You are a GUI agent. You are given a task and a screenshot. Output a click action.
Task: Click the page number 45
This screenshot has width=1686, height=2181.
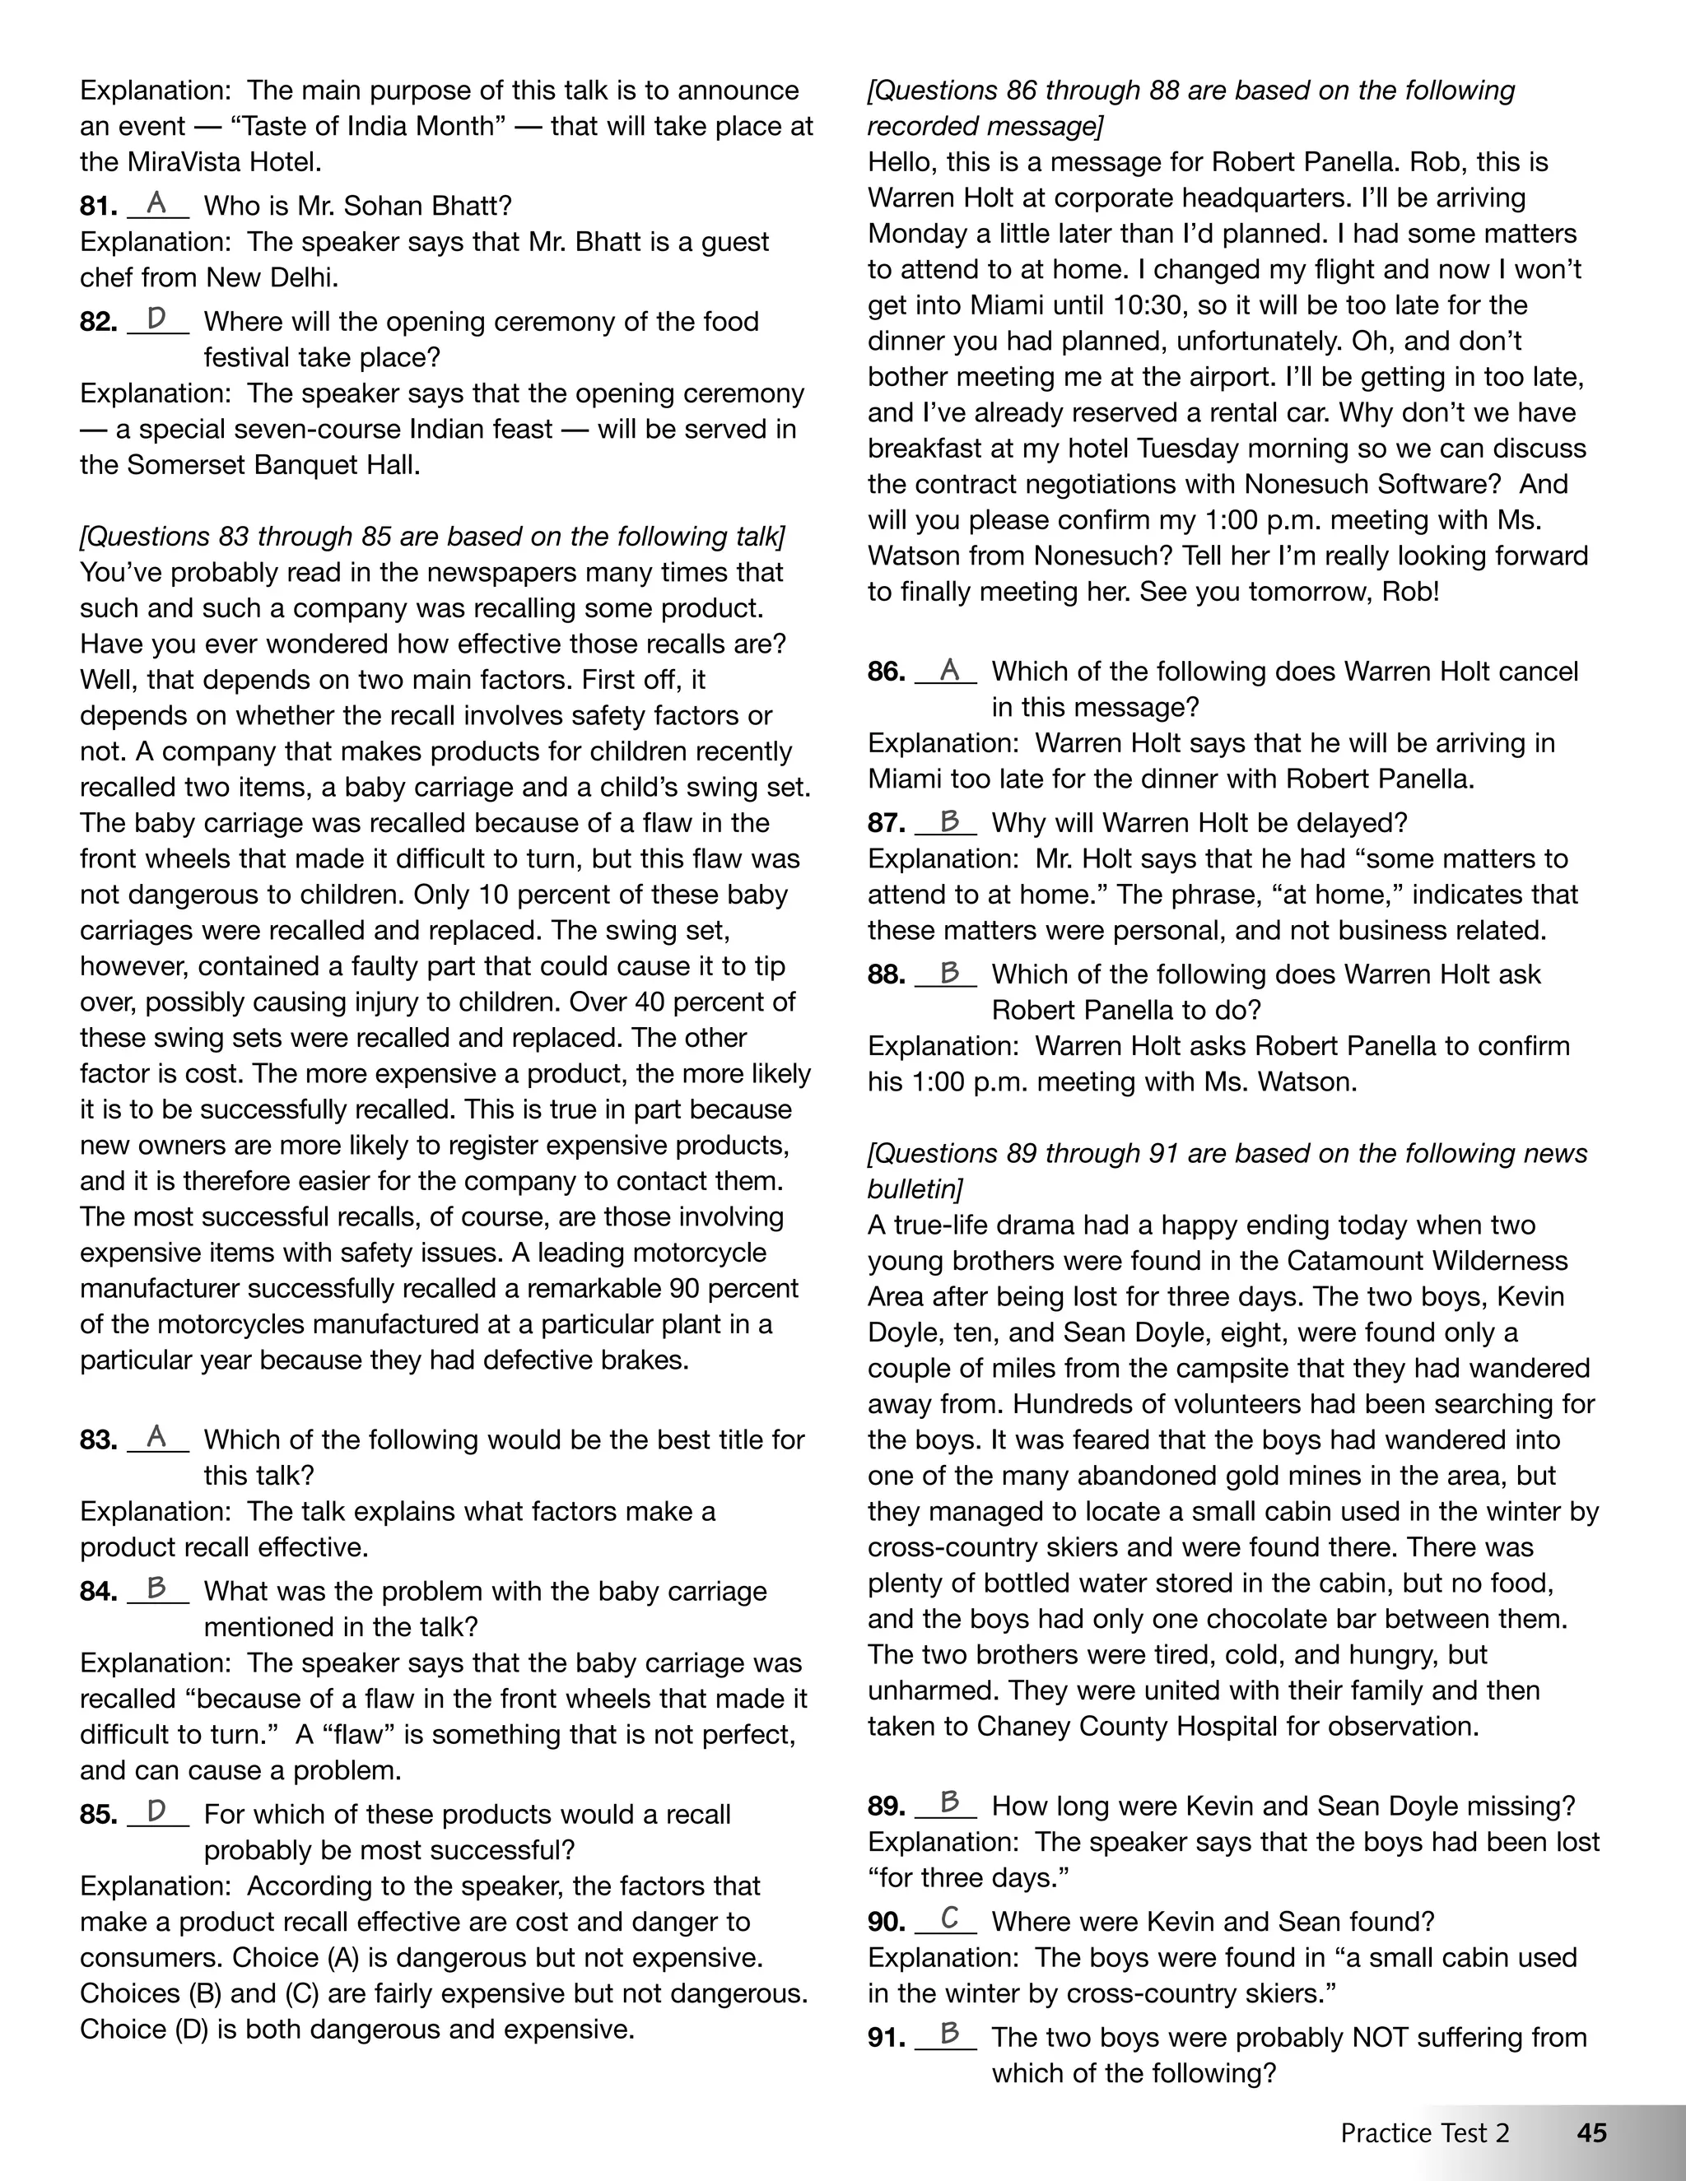(1591, 2132)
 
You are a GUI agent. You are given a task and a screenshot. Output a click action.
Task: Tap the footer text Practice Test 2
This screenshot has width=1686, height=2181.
(1424, 2132)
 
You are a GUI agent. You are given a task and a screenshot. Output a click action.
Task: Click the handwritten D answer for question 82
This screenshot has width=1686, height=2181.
(156, 319)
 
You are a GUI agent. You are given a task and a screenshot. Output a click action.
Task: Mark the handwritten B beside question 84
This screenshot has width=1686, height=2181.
(156, 1588)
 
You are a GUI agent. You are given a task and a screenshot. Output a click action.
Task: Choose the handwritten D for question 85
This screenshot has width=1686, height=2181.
(156, 1811)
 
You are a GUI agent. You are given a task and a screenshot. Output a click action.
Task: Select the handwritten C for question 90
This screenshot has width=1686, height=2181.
(949, 1918)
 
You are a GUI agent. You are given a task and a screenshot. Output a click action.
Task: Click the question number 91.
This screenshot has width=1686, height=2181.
(886, 2037)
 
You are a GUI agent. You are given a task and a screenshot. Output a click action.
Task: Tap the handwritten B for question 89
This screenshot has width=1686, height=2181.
(949, 1802)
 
